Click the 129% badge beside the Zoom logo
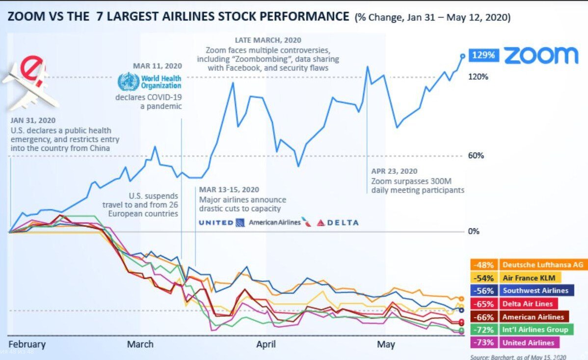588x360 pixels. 484,55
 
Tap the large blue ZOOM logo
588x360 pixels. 541,55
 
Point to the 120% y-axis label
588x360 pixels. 478,77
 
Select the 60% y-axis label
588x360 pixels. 476,156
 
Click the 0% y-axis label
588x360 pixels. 474,231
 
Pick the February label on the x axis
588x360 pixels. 27,344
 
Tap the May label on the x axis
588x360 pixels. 386,344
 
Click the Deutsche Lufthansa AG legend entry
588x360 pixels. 542,265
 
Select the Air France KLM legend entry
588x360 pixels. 528,277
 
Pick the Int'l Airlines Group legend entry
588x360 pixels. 535,330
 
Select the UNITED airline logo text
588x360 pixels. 216,222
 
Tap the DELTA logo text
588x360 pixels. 338,222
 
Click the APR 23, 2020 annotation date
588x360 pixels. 394,171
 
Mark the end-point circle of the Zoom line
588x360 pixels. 462,55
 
